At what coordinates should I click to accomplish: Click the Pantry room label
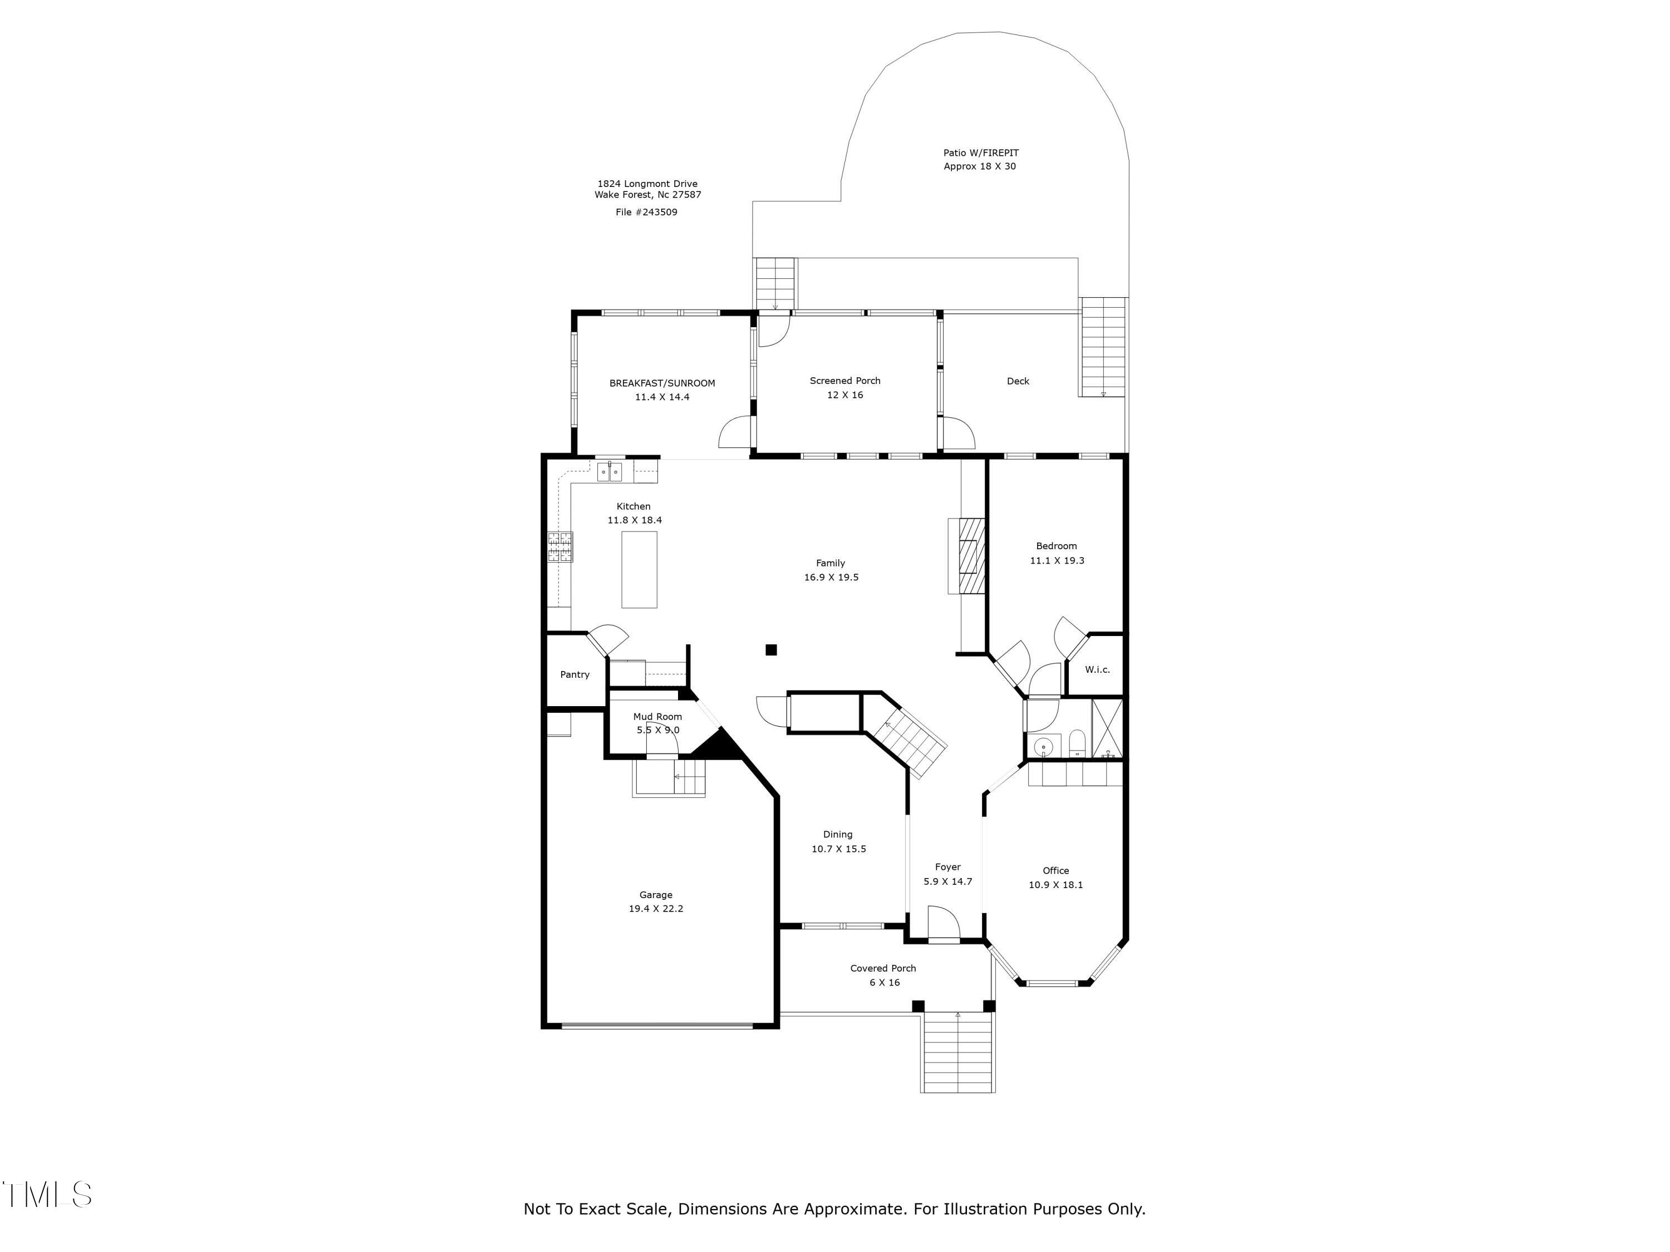tap(574, 674)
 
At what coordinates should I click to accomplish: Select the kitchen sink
tap(609, 472)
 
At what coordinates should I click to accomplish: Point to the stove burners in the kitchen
tap(560, 547)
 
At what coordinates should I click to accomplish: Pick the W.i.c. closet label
tap(1097, 669)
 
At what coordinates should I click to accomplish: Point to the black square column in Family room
tap(771, 650)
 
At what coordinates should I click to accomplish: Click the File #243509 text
tap(646, 212)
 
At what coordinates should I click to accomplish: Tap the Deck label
tap(1018, 381)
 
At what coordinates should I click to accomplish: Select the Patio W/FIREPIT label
tap(981, 153)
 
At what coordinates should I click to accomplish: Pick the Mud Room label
tap(657, 716)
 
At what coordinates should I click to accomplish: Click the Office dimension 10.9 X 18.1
tap(1055, 885)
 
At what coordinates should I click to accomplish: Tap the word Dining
tap(837, 834)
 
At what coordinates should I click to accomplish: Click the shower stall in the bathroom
tap(1107, 728)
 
